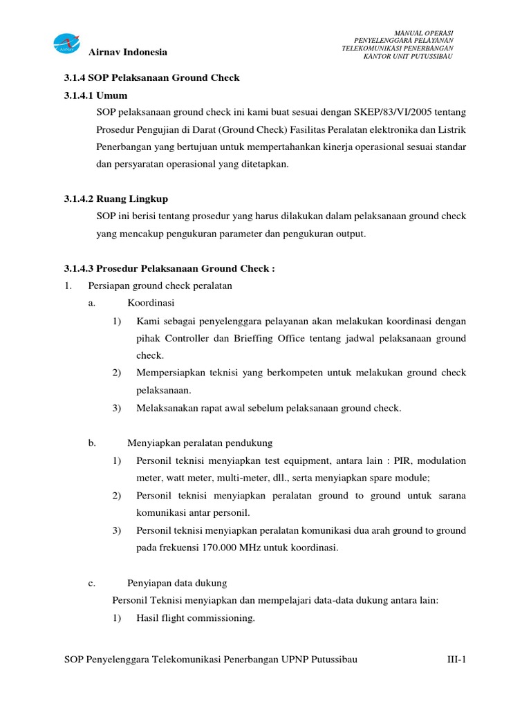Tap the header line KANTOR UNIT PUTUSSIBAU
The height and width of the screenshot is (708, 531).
pos(408,56)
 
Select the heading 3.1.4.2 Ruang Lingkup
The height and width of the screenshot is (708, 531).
pos(111,199)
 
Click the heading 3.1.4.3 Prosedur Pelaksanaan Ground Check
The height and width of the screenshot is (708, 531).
pos(165,268)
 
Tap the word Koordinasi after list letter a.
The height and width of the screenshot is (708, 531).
pos(151,303)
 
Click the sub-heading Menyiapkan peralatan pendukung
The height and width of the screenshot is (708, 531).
pos(200,442)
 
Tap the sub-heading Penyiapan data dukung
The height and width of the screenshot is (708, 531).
pos(177,583)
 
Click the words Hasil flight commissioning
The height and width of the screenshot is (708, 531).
pos(196,618)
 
